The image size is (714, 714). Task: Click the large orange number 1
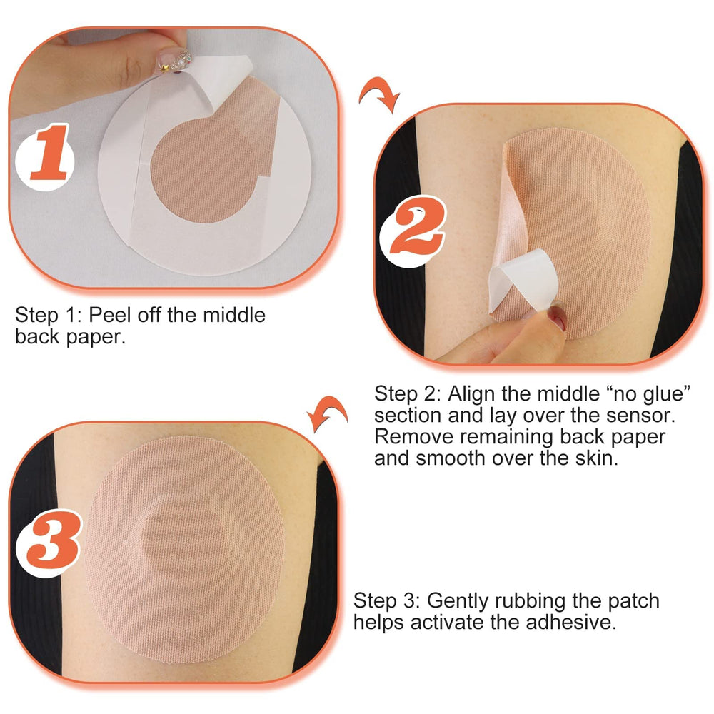pyautogui.click(x=51, y=153)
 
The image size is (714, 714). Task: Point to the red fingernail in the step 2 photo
pyautogui.click(x=558, y=318)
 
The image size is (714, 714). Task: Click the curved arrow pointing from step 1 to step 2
pyautogui.click(x=379, y=94)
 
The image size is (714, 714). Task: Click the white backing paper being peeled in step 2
pyautogui.click(x=523, y=281)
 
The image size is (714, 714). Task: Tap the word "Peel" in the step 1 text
pyautogui.click(x=109, y=315)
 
